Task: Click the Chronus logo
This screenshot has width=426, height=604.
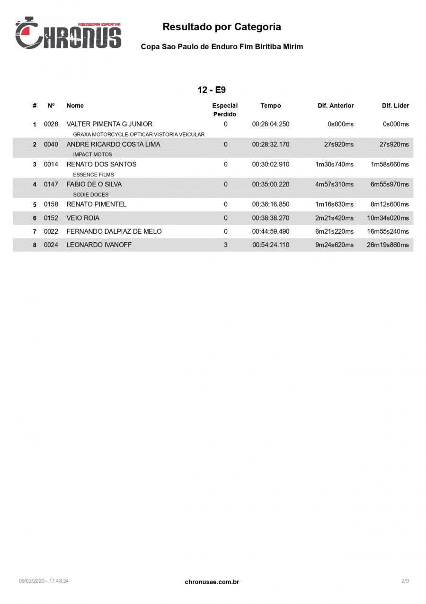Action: (x=68, y=33)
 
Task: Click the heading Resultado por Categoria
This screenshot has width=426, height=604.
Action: (x=222, y=27)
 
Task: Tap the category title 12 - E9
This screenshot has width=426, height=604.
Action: (x=212, y=90)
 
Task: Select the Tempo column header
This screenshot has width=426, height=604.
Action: (x=271, y=106)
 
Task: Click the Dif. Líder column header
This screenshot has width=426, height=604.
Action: (x=395, y=106)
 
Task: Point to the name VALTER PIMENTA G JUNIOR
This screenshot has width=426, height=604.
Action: (x=109, y=124)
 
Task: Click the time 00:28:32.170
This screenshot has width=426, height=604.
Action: (x=270, y=144)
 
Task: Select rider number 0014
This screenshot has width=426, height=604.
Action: (x=51, y=165)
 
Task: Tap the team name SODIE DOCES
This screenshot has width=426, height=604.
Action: (x=91, y=194)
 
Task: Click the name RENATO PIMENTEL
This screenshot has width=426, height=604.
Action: (x=97, y=204)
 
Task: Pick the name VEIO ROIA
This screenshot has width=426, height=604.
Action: (x=83, y=218)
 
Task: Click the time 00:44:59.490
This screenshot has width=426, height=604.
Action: (x=270, y=231)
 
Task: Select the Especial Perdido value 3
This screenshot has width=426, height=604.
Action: (x=225, y=245)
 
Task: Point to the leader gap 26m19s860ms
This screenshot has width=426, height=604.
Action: (x=388, y=245)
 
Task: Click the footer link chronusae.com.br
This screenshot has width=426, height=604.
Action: (x=212, y=582)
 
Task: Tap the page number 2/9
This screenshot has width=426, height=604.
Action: (x=405, y=581)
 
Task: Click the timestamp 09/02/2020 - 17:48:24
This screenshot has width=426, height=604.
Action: (x=44, y=581)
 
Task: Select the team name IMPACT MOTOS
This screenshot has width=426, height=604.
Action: (x=92, y=155)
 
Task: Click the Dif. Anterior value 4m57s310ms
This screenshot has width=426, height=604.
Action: (x=334, y=184)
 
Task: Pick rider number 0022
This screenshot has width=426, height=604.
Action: (x=51, y=231)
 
